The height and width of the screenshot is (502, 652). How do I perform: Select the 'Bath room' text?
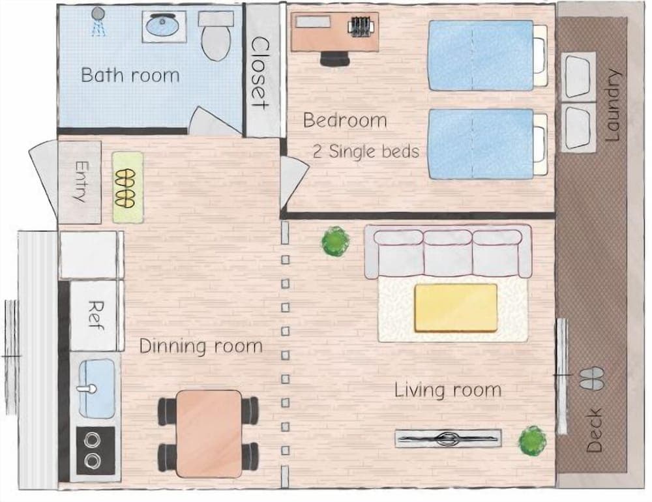(x=130, y=74)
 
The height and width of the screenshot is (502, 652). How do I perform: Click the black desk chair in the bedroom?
(x=334, y=59)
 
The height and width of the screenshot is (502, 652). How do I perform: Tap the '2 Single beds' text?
(x=366, y=151)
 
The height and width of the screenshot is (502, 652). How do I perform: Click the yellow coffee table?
(x=456, y=307)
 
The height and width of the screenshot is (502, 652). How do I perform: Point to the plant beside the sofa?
(x=335, y=241)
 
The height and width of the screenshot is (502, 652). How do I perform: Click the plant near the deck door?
(x=533, y=441)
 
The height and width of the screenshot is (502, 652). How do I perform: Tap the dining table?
(x=208, y=424)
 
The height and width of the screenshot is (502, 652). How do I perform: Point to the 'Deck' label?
(x=594, y=430)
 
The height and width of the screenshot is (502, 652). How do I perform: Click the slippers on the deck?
(x=592, y=377)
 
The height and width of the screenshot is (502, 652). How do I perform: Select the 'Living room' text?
(x=447, y=391)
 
